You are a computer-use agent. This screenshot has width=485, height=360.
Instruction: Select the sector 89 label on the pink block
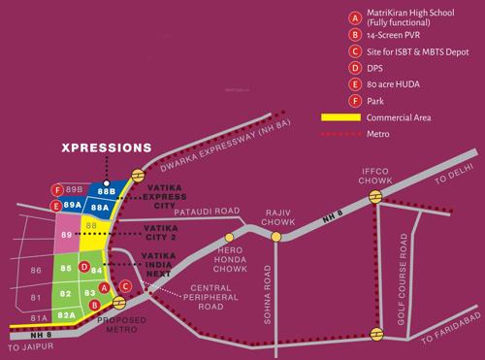click(65, 235)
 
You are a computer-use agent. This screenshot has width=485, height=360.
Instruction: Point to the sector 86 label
click(37, 268)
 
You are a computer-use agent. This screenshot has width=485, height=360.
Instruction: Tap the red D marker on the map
click(84, 267)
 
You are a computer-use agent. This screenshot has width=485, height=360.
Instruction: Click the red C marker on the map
click(126, 285)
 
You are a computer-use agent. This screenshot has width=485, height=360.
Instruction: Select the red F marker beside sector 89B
click(58, 189)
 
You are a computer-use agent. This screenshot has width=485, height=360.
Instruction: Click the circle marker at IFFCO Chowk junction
click(374, 198)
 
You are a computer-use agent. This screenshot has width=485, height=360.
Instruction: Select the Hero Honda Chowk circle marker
click(230, 236)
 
